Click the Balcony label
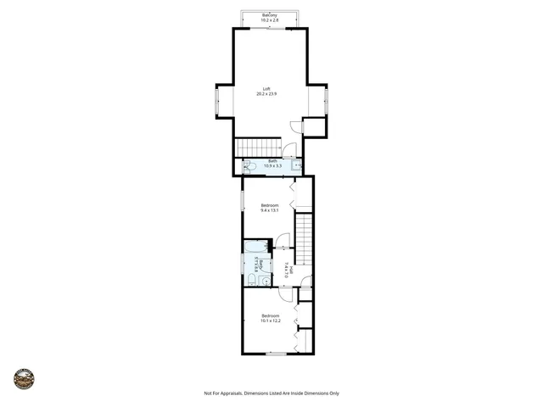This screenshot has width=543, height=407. [270, 15]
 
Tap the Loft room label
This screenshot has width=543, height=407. [266, 88]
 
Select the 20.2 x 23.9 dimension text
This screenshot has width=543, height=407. [266, 94]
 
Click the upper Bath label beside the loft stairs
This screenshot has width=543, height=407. [272, 161]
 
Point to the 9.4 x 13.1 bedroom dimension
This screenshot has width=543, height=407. [269, 210]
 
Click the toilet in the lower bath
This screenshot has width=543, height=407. [252, 278]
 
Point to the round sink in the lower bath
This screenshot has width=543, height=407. [266, 279]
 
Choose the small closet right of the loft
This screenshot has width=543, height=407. [314, 127]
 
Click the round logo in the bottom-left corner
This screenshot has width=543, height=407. [24, 378]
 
